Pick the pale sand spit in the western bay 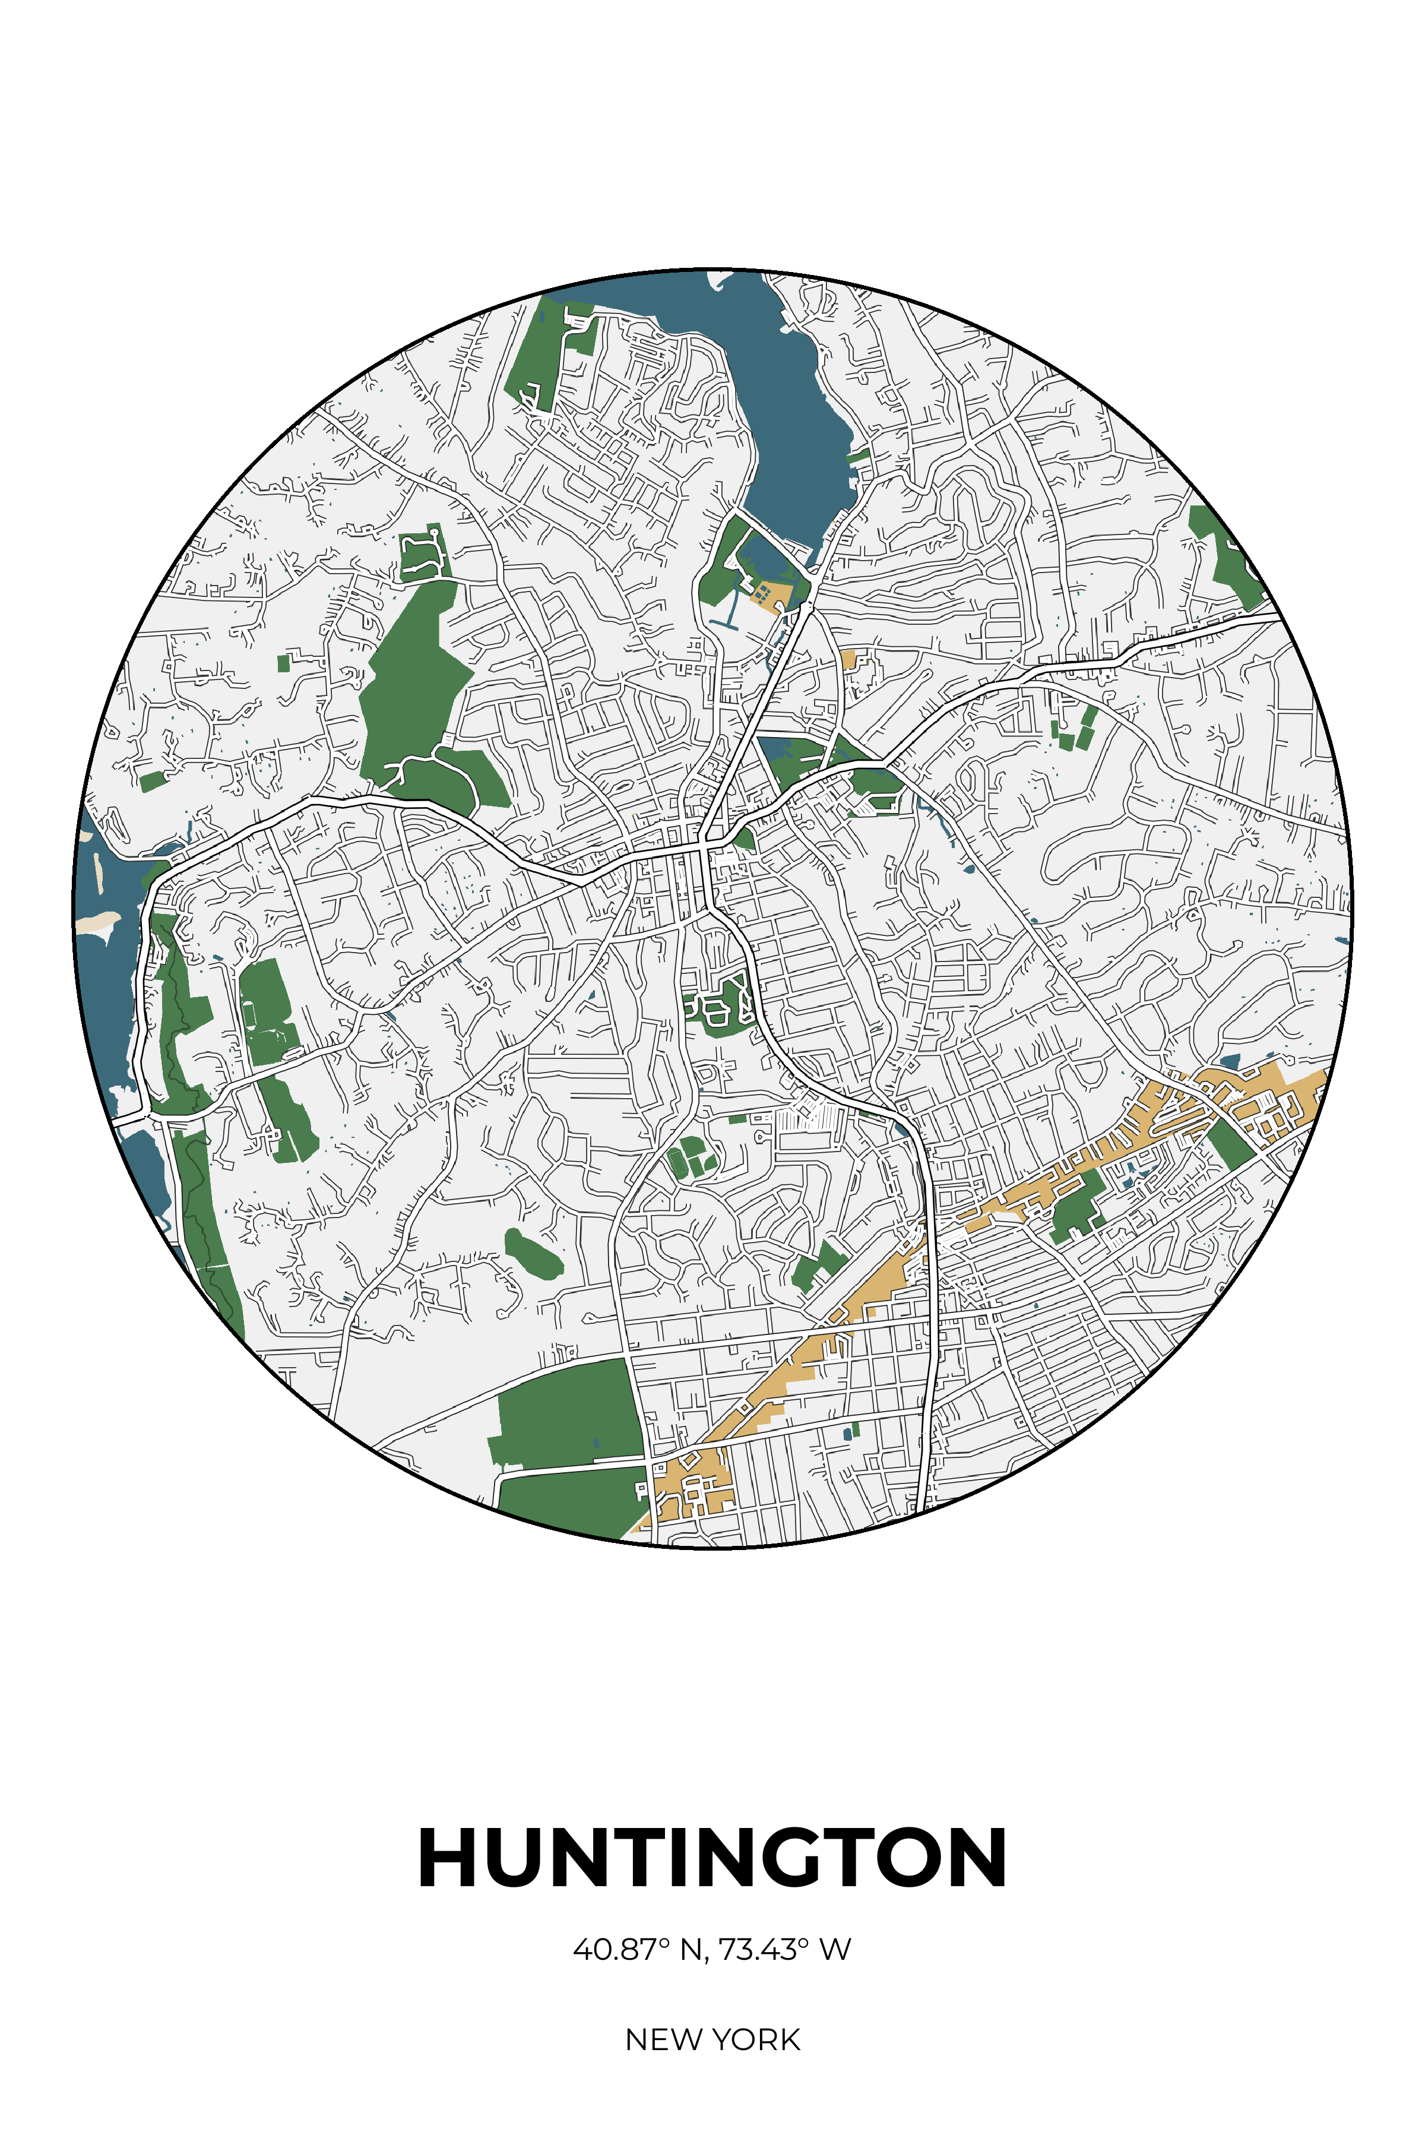[x=96, y=923]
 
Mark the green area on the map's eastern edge [x=1227, y=555]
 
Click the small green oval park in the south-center [x=534, y=1254]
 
